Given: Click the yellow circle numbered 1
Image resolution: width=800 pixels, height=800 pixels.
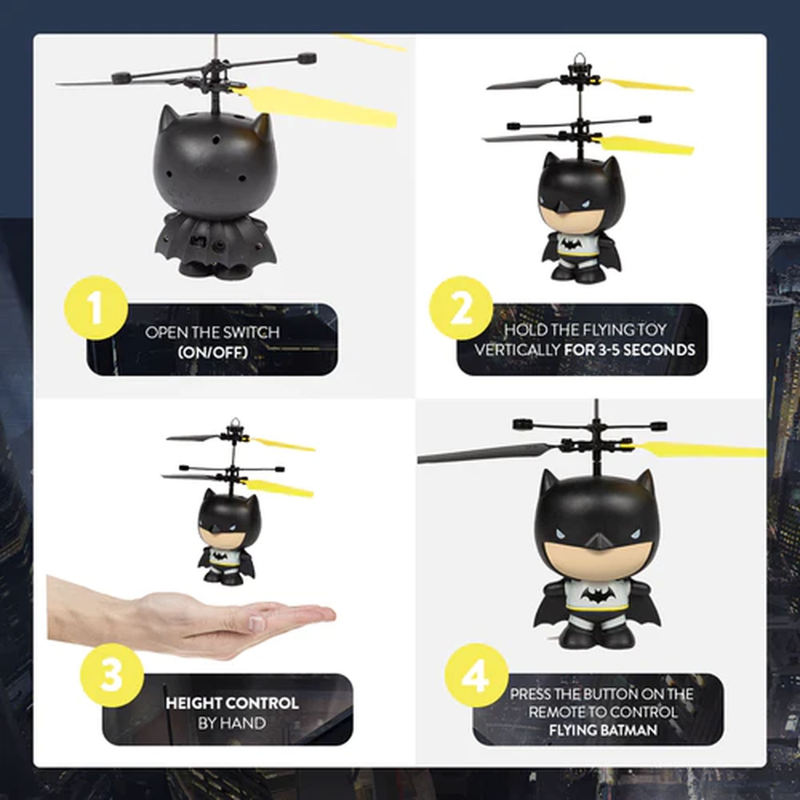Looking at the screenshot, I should point(96,308).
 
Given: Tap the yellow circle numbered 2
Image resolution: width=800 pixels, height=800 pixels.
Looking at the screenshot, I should point(461,308).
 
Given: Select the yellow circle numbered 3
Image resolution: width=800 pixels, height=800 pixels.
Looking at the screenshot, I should point(112,675).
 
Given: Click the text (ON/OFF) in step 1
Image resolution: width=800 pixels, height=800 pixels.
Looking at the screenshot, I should point(212,353).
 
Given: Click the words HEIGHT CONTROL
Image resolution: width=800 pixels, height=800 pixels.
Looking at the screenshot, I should point(231,703).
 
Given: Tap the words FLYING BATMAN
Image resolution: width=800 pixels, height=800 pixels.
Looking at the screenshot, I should point(603,730).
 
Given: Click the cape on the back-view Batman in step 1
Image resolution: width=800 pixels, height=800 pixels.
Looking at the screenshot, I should point(213,237).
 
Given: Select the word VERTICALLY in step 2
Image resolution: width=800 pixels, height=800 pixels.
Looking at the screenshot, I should point(516,350).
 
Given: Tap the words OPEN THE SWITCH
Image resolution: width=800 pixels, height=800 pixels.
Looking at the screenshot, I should point(212,332).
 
